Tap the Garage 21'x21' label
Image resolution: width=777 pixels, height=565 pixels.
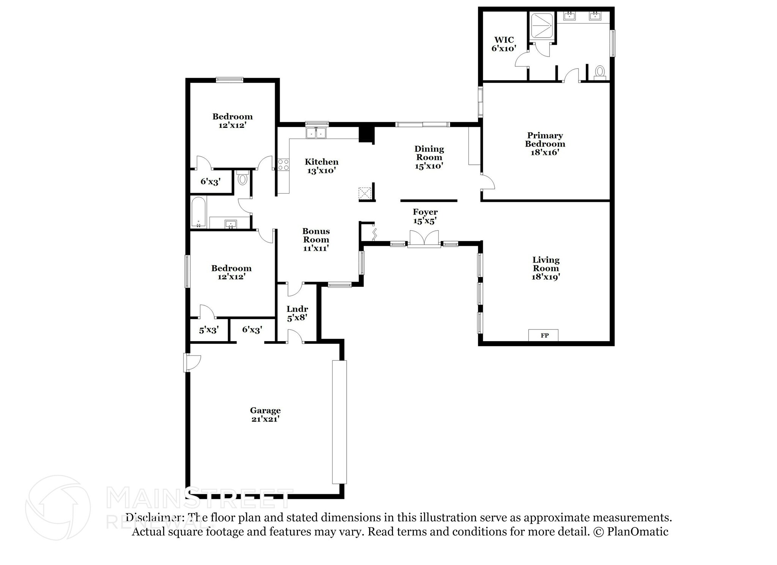pyautogui.click(x=265, y=414)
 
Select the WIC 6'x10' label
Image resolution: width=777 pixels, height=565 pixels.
pyautogui.click(x=504, y=44)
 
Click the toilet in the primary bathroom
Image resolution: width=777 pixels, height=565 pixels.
pyautogui.click(x=599, y=72)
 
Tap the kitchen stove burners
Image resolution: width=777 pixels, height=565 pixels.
pyautogui.click(x=283, y=165)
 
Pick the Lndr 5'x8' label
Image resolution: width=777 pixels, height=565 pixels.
pyautogui.click(x=297, y=313)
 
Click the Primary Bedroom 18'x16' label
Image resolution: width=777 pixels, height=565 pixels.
pyautogui.click(x=545, y=144)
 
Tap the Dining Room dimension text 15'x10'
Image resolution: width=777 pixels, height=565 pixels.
pyautogui.click(x=429, y=166)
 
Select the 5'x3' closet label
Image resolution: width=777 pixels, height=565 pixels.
pyautogui.click(x=209, y=330)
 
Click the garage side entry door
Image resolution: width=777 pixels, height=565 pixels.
pyautogui.click(x=192, y=363)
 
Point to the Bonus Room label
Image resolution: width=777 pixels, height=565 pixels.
pyautogui.click(x=316, y=239)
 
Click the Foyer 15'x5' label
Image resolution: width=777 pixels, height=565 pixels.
pyautogui.click(x=425, y=216)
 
